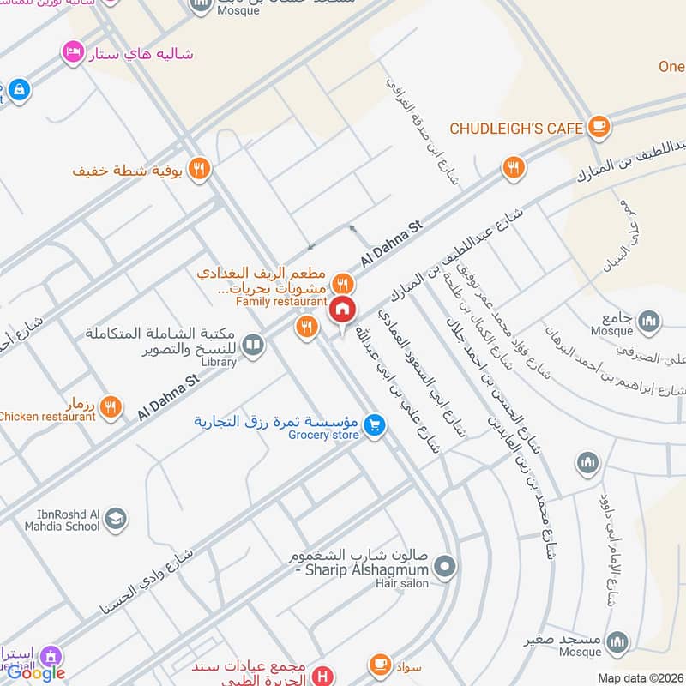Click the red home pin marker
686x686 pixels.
point(342,310)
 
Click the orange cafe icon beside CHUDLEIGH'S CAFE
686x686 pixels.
point(599,128)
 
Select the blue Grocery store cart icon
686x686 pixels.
point(374,424)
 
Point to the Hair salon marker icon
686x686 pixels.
point(444,566)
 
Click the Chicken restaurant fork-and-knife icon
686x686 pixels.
point(110,407)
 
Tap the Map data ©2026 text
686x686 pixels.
point(640,677)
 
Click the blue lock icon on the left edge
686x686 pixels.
point(18,87)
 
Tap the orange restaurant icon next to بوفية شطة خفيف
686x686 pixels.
point(199,170)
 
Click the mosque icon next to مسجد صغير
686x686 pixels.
point(617,642)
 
